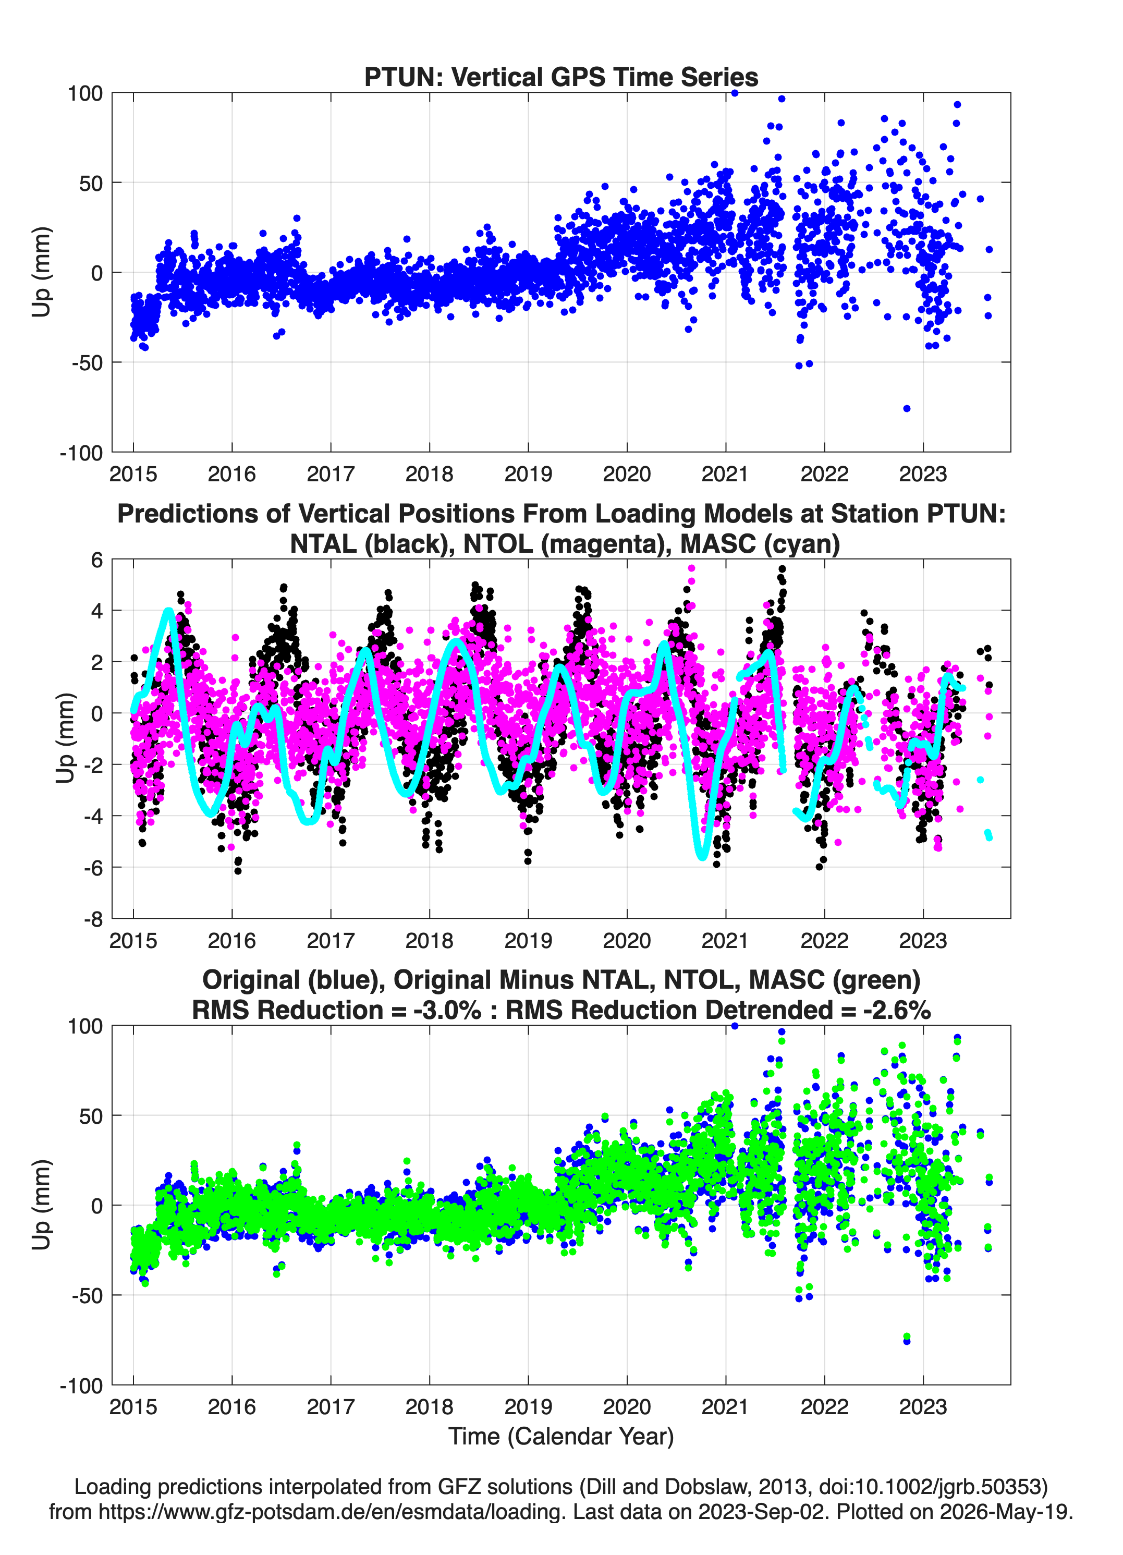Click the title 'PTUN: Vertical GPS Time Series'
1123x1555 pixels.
pos(561,77)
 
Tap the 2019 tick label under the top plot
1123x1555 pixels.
pos(528,474)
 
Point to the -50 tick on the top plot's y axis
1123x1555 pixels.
pos(87,363)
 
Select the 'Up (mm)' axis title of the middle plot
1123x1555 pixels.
pos(65,738)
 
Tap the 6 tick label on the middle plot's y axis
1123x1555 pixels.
pos(96,560)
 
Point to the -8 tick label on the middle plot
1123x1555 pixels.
pos(93,919)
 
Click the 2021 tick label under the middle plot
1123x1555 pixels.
pos(725,940)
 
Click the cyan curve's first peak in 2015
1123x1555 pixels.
pos(168,610)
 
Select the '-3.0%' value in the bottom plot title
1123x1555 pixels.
pos(447,1010)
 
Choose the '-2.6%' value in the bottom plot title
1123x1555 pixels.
pos(897,1010)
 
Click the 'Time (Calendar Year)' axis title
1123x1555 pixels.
pos(561,1437)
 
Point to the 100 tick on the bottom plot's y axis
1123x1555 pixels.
pos(85,1026)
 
